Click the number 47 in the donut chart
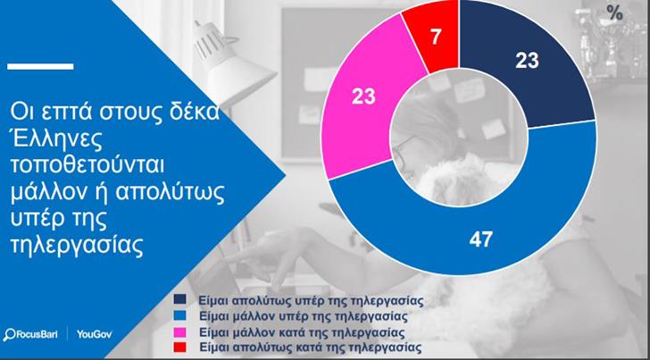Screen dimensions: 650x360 [x=481, y=239]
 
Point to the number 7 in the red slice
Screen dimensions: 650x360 [x=436, y=37]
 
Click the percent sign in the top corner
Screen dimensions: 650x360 [x=614, y=13]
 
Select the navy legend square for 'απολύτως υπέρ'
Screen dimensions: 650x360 [x=180, y=299]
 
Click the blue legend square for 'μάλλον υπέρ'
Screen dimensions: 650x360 [x=180, y=315]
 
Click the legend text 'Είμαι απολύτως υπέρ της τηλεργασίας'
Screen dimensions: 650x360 [x=311, y=300]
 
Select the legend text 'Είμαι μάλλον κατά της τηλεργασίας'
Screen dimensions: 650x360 [x=301, y=331]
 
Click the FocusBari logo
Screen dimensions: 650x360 [x=30, y=334]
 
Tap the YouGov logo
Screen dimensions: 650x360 [x=94, y=334]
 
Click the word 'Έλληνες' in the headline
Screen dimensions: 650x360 [x=56, y=139]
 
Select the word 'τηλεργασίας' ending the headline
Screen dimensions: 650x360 [x=77, y=247]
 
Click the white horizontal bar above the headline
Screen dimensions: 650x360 [x=40, y=66]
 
